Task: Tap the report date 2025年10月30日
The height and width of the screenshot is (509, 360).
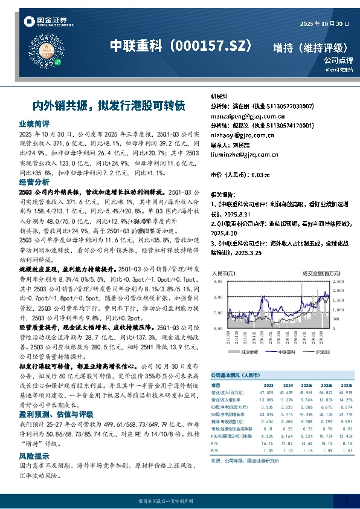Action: click(324, 23)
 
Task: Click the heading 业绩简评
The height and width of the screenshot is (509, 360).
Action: click(33, 123)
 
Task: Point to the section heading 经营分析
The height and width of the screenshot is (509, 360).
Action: click(33, 181)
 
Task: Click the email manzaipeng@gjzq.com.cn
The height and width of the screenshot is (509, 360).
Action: click(243, 115)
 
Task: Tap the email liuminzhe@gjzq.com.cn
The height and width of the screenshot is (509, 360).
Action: click(243, 154)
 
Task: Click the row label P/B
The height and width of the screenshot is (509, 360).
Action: click(214, 451)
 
